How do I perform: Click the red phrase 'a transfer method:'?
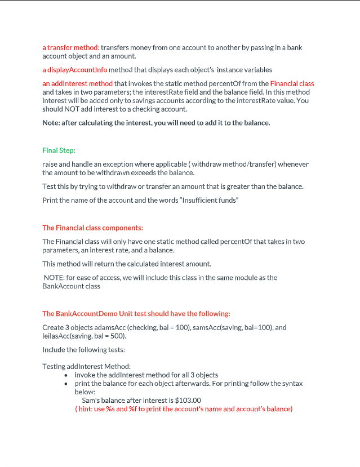coord(71,47)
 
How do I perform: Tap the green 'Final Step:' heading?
coord(59,150)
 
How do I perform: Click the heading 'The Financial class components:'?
coord(92,228)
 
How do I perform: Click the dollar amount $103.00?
coord(188,401)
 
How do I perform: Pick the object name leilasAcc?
coord(58,336)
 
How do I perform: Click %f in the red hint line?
coord(135,409)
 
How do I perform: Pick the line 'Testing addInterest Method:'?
coord(86,366)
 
